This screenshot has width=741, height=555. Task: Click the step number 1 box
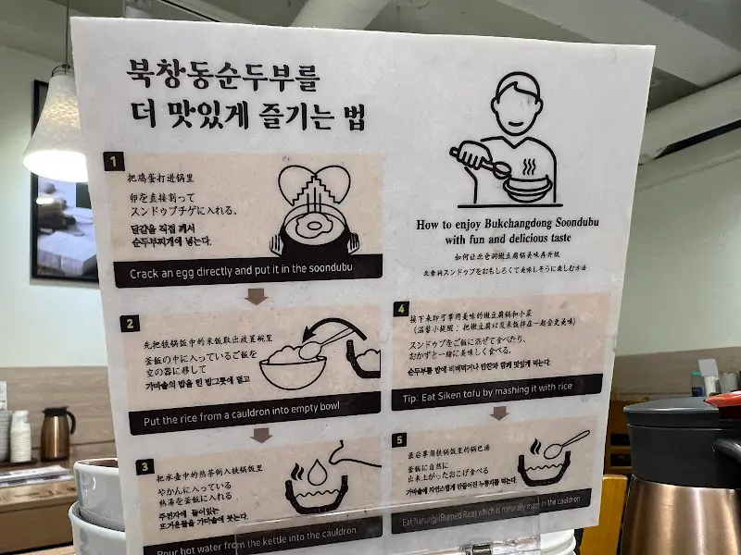[114, 163]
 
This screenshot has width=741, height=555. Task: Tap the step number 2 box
[131, 324]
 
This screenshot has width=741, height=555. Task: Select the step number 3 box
[144, 466]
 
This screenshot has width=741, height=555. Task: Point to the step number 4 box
[401, 310]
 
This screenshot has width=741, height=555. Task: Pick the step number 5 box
[400, 440]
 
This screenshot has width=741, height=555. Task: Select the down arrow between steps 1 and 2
[256, 296]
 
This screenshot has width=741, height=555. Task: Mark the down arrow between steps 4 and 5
[498, 413]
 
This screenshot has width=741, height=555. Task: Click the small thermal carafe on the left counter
[57, 433]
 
